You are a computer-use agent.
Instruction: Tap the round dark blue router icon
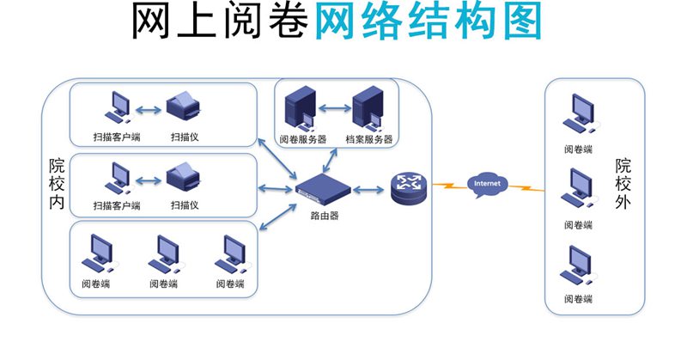[x=406, y=187]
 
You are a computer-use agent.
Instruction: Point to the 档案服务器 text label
[x=368, y=139]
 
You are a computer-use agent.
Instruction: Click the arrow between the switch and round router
[x=368, y=187]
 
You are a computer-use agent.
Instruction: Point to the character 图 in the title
[x=516, y=23]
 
